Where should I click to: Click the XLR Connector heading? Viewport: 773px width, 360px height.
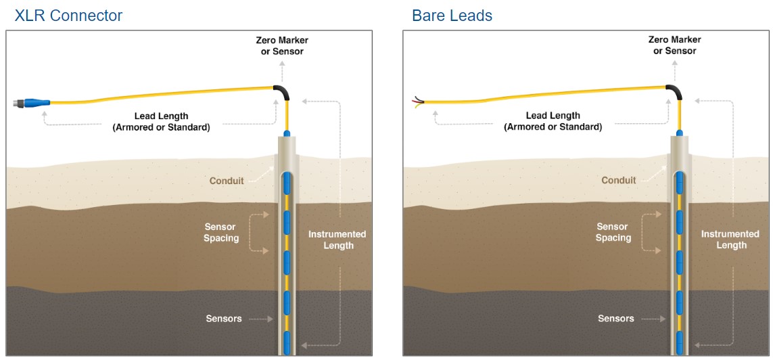68,15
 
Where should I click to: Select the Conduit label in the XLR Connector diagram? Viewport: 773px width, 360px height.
226,181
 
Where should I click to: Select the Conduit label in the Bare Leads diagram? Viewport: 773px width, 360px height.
619,180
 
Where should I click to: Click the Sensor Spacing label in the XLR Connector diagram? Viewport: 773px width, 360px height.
221,232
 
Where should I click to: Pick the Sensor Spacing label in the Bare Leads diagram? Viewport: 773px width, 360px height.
613,232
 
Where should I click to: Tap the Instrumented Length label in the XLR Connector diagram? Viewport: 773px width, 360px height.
337,240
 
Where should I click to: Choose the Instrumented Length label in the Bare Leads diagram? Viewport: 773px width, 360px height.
730,240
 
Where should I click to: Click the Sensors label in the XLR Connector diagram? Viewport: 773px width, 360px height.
224,318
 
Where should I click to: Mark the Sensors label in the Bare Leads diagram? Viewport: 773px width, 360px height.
616,318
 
